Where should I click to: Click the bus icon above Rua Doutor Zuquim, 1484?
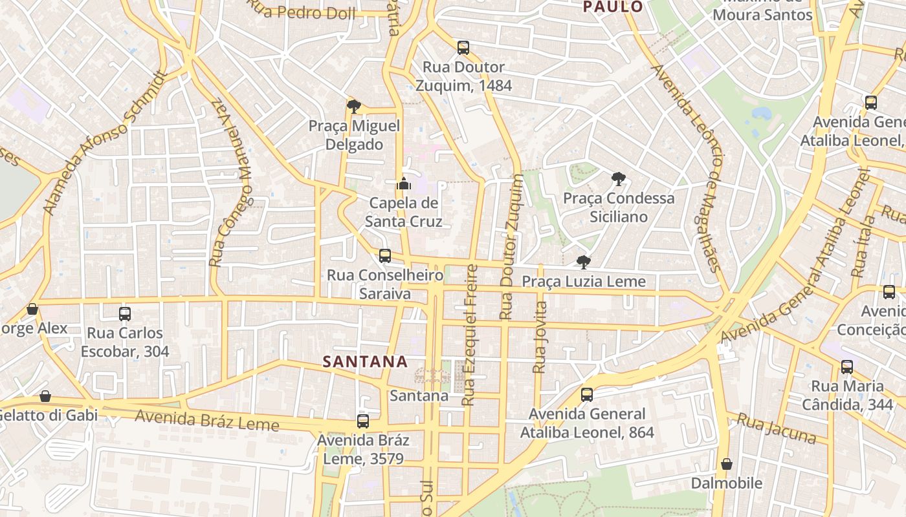tap(463, 47)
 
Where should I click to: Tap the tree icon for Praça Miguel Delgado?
tap(353, 106)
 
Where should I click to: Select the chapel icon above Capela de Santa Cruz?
tap(404, 184)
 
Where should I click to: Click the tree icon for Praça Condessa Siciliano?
tap(618, 178)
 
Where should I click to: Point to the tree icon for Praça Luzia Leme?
tap(583, 262)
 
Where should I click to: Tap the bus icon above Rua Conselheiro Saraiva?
tap(385, 256)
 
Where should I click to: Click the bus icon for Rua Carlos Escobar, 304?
tap(125, 314)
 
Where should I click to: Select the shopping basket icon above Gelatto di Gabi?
tap(45, 396)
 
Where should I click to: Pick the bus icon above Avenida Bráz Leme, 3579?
tap(363, 421)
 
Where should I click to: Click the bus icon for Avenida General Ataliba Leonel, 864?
tap(587, 394)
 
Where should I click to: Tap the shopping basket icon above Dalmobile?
tap(727, 464)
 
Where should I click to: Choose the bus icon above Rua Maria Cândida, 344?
tap(847, 367)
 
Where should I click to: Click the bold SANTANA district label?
tap(365, 362)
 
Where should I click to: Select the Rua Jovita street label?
tap(539, 337)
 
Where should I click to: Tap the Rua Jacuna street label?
tap(776, 429)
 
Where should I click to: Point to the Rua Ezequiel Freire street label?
tap(470, 335)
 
